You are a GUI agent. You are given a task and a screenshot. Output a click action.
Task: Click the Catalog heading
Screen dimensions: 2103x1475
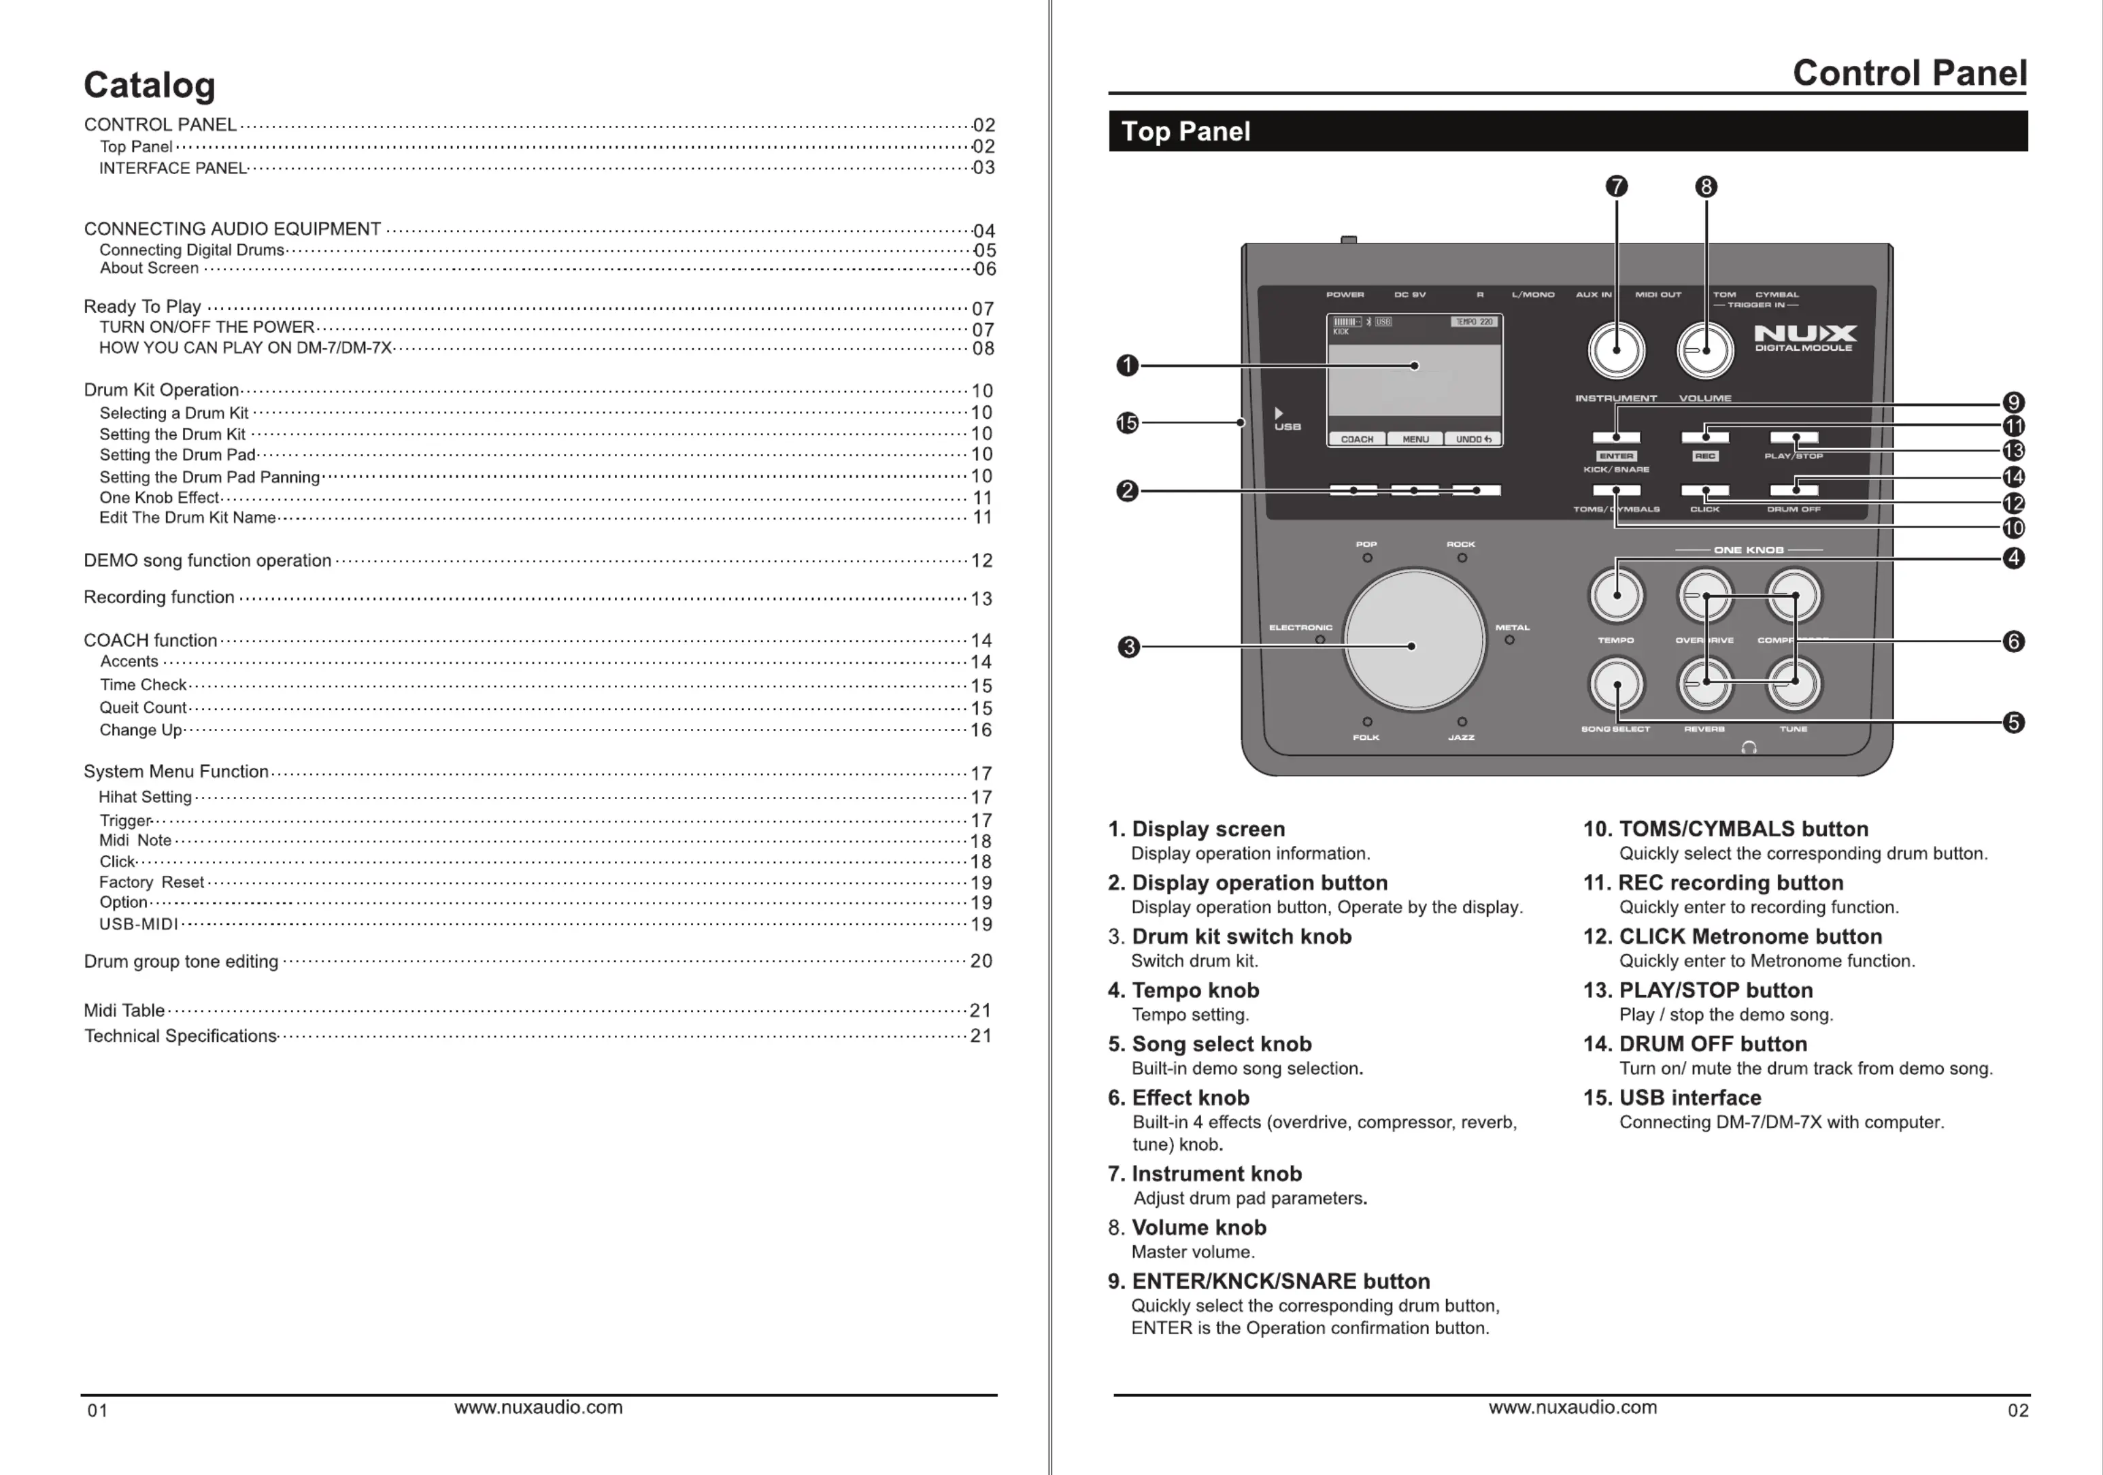(x=150, y=85)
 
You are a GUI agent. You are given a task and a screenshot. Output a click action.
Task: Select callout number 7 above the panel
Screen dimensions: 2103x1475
(x=1617, y=187)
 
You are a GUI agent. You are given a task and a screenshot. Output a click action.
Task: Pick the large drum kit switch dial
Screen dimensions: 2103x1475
(x=1414, y=639)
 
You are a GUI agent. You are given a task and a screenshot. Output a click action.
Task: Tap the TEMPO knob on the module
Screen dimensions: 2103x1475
(x=1617, y=595)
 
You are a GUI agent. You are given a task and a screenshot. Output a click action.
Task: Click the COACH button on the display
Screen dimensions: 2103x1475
(x=1358, y=439)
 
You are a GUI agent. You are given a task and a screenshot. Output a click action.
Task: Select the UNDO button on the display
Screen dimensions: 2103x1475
(x=1473, y=439)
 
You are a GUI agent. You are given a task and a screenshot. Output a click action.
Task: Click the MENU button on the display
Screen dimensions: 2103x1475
(x=1415, y=439)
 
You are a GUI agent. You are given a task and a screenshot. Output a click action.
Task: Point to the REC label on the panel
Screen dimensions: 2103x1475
(x=1704, y=456)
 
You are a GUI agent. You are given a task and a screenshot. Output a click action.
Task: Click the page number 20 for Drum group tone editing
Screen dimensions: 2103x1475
(x=981, y=960)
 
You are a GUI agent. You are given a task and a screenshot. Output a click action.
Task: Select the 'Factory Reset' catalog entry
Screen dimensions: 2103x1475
(x=151, y=882)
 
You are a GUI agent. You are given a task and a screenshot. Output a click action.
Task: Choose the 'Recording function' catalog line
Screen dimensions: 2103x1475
(x=159, y=597)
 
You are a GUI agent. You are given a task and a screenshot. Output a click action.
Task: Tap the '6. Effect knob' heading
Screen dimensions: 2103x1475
(x=1178, y=1098)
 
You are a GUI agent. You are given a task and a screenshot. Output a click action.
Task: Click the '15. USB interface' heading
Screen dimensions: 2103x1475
(x=1672, y=1098)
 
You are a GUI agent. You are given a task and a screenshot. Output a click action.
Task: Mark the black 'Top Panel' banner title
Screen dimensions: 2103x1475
(x=1185, y=132)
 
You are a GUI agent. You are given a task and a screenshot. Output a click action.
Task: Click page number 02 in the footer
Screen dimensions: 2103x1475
(x=2018, y=1410)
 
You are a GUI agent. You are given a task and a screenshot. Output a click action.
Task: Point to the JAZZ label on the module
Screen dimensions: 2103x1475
(x=1461, y=737)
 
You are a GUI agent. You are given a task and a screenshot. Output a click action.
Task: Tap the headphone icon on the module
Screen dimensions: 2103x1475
(x=1749, y=748)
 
